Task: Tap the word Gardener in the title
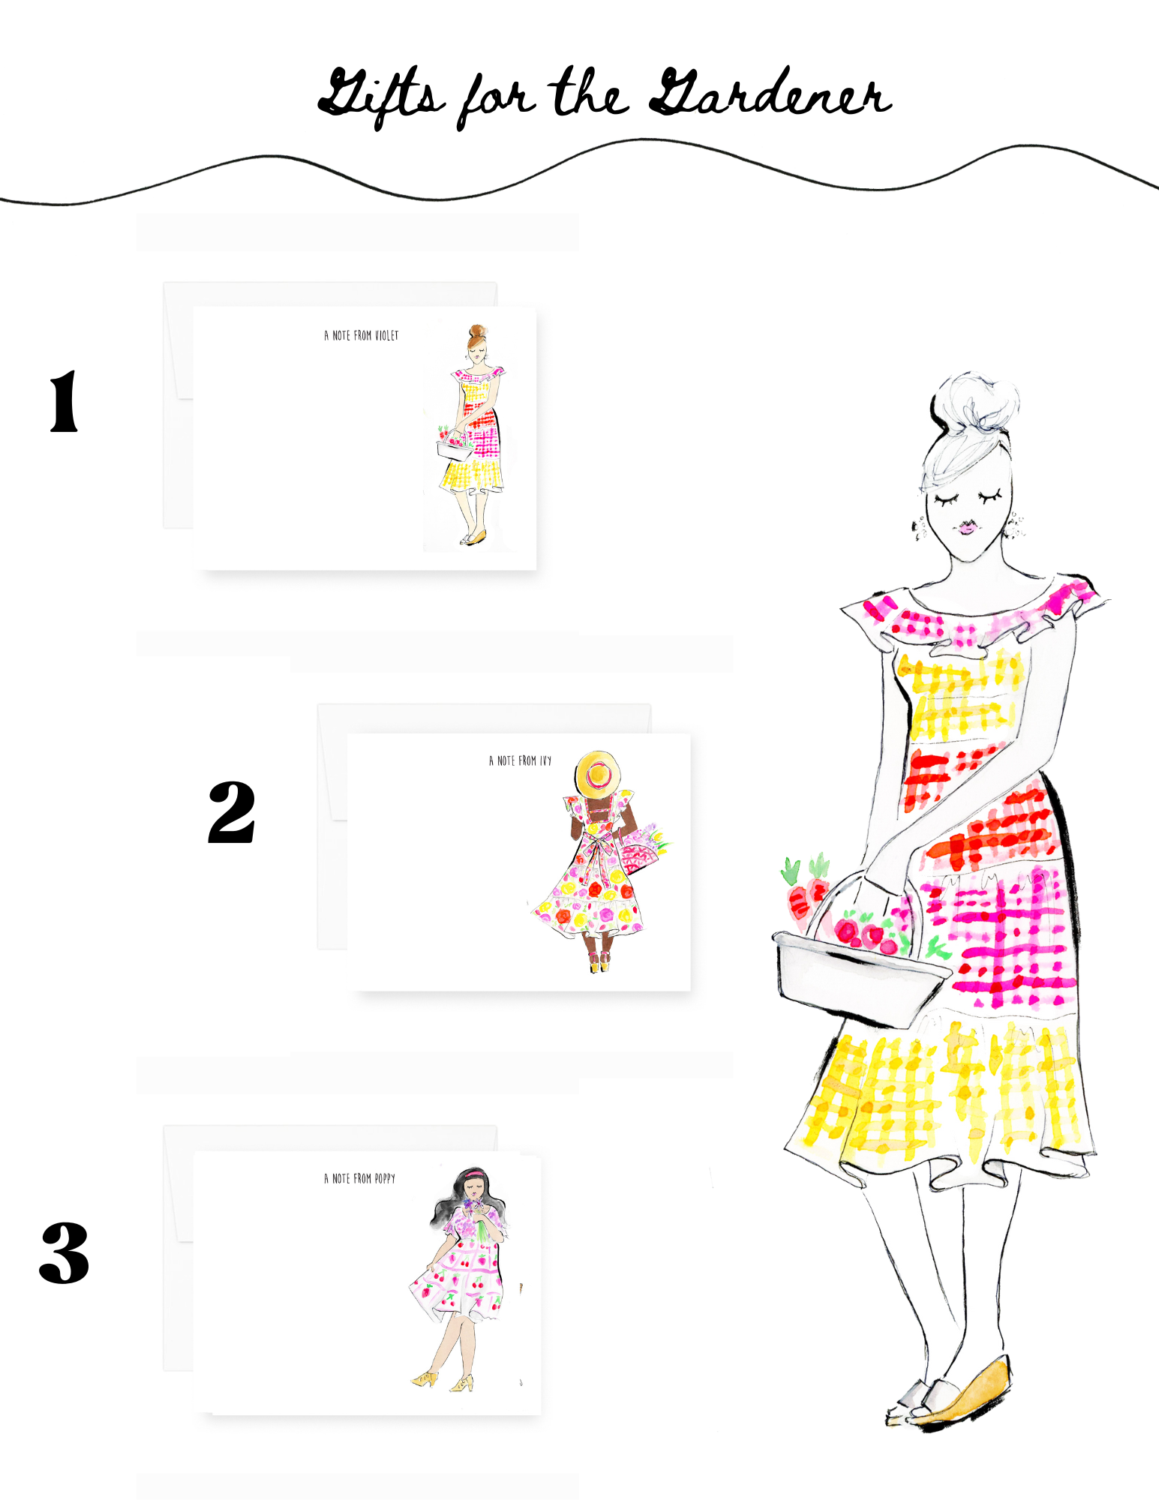(x=770, y=93)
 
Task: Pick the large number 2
(x=232, y=811)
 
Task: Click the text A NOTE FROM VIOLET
(x=362, y=335)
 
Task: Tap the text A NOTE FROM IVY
(x=520, y=760)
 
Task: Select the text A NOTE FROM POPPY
(x=360, y=1178)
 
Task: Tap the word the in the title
(x=590, y=93)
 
